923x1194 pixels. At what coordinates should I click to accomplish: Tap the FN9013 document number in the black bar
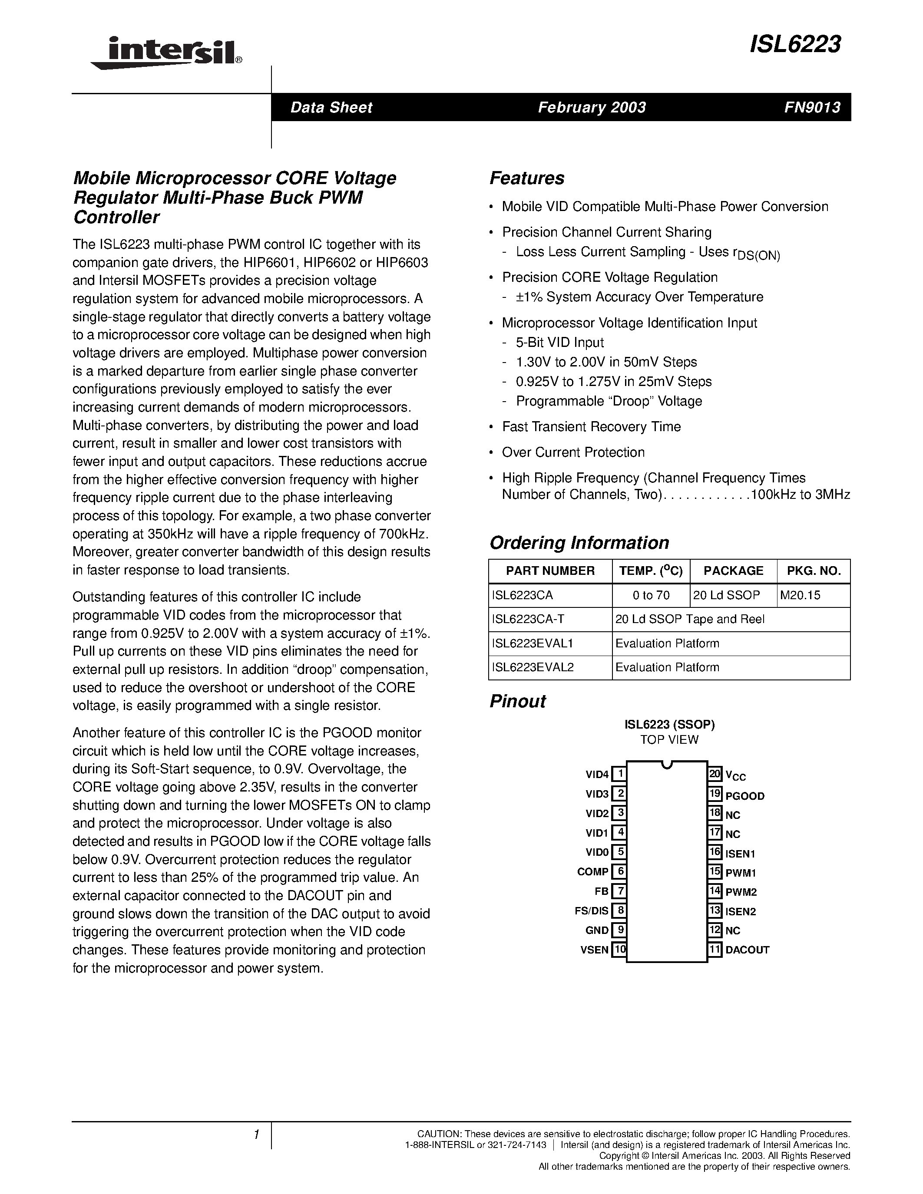(812, 107)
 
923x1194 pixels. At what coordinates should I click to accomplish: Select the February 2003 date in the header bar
(592, 107)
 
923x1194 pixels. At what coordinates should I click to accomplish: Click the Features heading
(526, 178)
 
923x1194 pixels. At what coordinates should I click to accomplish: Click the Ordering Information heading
(579, 542)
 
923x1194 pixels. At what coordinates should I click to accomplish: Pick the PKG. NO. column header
(814, 571)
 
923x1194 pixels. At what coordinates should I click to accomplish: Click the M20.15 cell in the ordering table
(800, 595)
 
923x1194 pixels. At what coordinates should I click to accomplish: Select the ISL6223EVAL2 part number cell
(533, 667)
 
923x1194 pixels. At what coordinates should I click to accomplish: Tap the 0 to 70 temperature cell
(651, 595)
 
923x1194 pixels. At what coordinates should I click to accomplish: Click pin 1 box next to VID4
(619, 774)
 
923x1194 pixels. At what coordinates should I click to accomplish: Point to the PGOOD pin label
(745, 796)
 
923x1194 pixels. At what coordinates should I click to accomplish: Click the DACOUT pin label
(747, 950)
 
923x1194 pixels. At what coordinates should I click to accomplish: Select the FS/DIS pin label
(591, 911)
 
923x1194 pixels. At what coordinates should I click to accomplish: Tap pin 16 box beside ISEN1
(715, 852)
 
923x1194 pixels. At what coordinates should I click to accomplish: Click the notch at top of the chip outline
(667, 764)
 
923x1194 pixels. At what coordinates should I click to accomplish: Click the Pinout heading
(517, 701)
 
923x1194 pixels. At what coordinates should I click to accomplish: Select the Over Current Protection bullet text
(573, 452)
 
